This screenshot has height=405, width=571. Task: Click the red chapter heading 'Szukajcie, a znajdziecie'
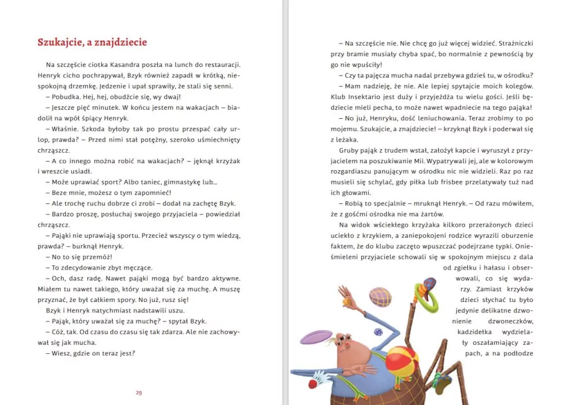pyautogui.click(x=92, y=42)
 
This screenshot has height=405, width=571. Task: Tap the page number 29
pyautogui.click(x=139, y=393)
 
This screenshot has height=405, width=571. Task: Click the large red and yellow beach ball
pyautogui.click(x=402, y=360)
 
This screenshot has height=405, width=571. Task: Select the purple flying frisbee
pyautogui.click(x=316, y=337)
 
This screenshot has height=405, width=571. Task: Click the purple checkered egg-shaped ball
pyautogui.click(x=380, y=297)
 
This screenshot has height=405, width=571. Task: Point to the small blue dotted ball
pyautogui.click(x=379, y=332)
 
